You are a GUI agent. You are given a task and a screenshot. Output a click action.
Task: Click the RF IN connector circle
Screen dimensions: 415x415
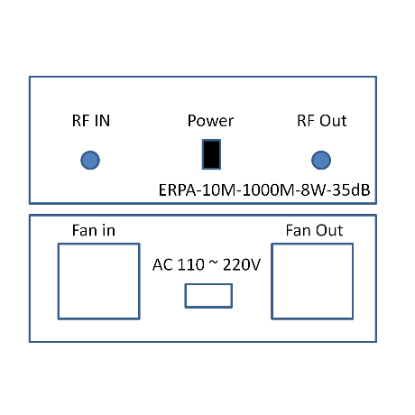tap(90, 160)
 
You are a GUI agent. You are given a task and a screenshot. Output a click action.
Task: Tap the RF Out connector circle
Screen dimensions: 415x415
tap(321, 160)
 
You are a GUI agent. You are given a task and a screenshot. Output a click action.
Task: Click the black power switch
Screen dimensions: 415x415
tap(211, 154)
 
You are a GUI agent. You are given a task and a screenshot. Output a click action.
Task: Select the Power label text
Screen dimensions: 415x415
tap(210, 121)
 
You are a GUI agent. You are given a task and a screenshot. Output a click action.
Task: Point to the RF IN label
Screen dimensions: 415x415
tap(91, 121)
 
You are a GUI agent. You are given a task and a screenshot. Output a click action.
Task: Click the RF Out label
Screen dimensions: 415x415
tap(322, 121)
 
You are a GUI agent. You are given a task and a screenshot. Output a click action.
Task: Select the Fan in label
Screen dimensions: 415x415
tap(94, 230)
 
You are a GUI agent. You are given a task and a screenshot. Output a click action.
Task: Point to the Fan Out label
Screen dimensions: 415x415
tap(314, 230)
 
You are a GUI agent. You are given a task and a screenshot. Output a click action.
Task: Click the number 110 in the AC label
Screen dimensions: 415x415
tap(191, 264)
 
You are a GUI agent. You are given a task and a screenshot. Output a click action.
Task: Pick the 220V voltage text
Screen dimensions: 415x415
tap(242, 264)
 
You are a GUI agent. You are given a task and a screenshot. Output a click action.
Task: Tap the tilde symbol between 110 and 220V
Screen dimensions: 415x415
tap(214, 263)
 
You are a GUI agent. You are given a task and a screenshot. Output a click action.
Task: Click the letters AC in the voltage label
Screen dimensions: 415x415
tap(162, 264)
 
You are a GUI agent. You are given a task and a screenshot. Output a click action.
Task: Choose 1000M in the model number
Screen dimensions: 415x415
tap(269, 190)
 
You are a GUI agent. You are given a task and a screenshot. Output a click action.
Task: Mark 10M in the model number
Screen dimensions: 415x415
tap(219, 190)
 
